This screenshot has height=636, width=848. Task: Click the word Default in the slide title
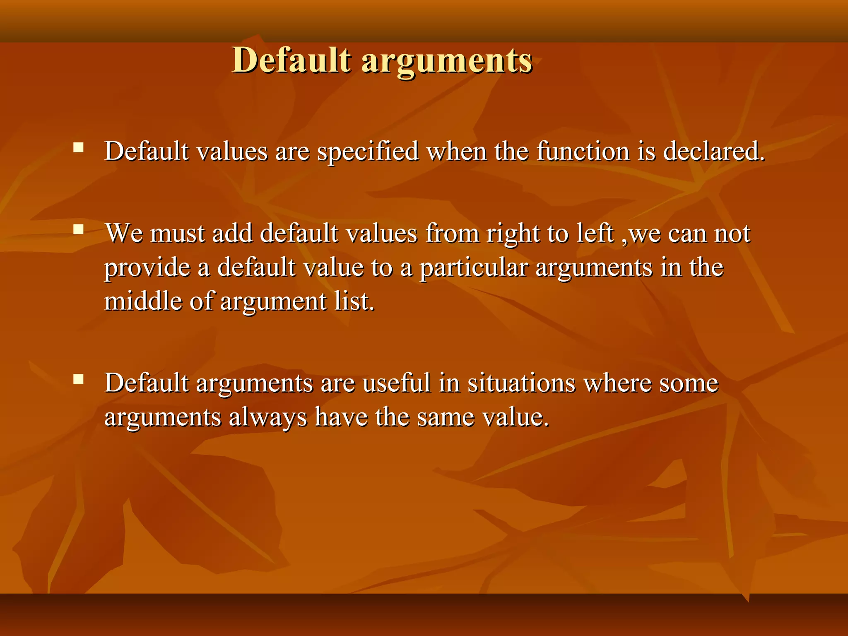(x=291, y=60)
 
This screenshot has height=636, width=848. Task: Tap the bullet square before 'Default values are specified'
(x=78, y=147)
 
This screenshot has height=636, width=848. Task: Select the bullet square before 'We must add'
(x=78, y=229)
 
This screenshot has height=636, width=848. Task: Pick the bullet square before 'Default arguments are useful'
(x=78, y=379)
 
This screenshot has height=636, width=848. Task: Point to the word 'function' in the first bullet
(x=583, y=151)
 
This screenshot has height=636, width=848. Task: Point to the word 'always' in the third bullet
(x=268, y=417)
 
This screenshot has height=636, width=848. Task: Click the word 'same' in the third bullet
(x=446, y=417)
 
